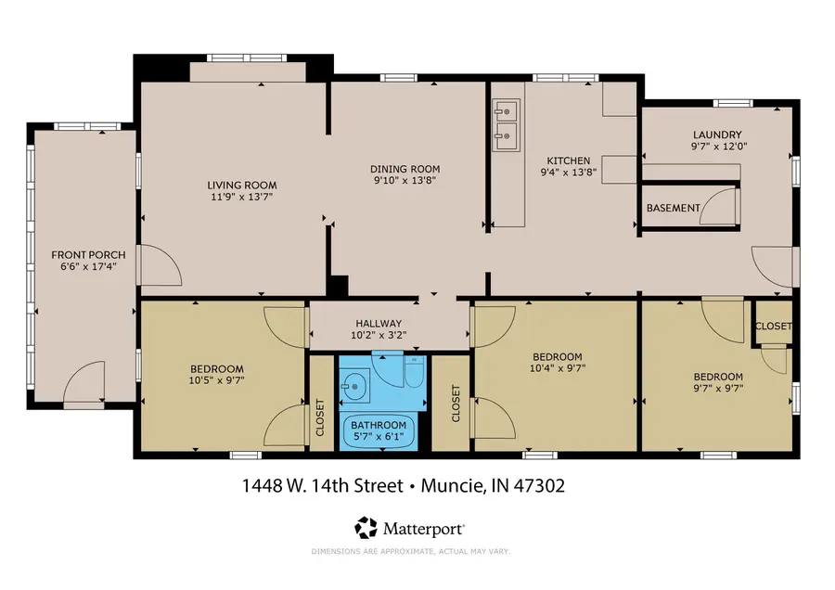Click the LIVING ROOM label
242,185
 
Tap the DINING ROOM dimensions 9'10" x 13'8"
405,181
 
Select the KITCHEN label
567,160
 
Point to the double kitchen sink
506,125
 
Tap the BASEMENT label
673,208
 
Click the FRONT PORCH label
83,254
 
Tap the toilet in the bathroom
414,372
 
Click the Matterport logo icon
366,528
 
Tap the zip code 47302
537,485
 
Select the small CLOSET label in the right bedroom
773,327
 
